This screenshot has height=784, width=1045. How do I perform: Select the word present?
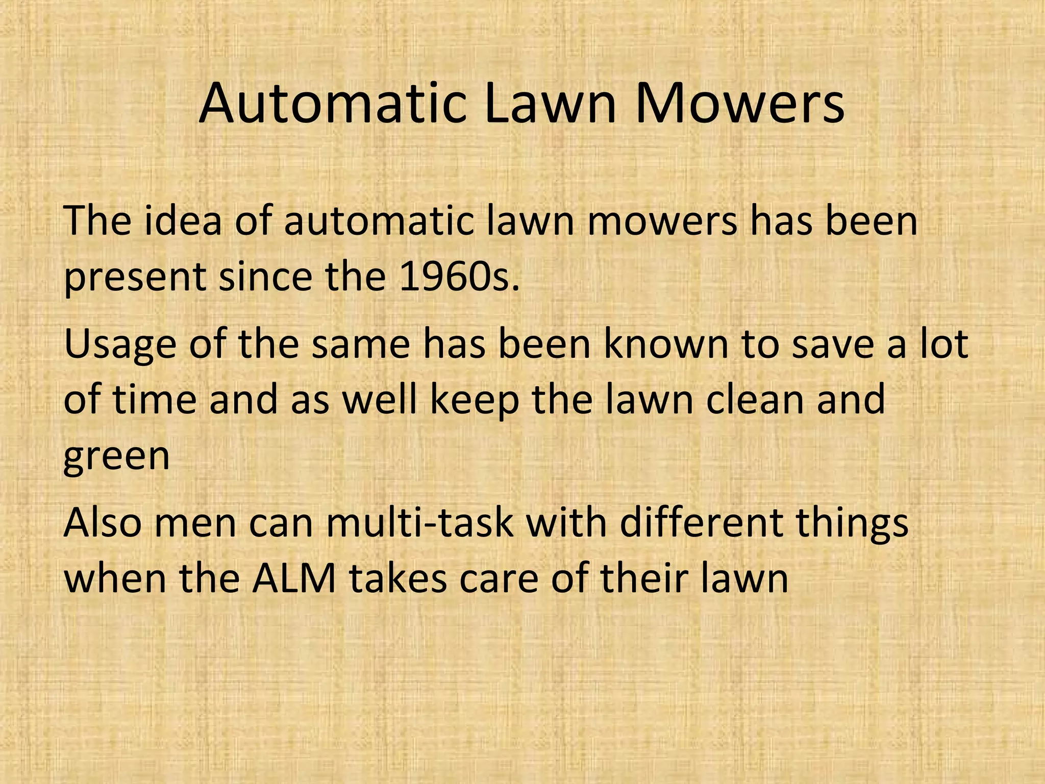[x=135, y=279]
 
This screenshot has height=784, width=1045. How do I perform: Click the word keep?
[x=475, y=401]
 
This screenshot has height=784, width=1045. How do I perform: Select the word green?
[x=116, y=457]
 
